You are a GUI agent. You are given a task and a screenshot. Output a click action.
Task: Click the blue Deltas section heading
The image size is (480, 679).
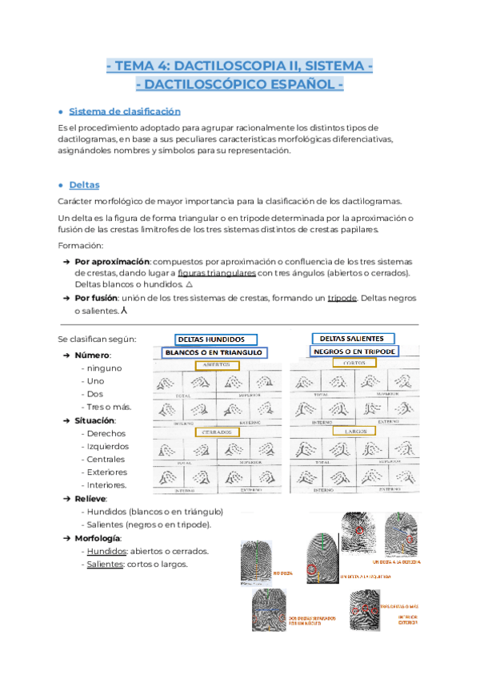point(84,185)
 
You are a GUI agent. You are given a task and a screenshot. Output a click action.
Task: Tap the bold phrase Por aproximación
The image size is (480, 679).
point(112,262)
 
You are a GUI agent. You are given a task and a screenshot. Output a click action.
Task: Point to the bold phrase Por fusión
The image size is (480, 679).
point(100,298)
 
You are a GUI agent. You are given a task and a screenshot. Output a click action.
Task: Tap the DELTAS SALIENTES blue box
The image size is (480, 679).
point(352,338)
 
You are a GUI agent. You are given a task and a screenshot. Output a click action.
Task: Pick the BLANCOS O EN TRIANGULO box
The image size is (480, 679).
point(214,352)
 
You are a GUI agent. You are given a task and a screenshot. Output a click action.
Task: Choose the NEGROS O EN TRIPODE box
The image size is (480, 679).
point(365,352)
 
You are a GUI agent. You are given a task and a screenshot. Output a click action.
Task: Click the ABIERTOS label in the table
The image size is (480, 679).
point(217,365)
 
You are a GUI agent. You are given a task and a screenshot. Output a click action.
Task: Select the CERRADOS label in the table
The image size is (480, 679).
point(217,433)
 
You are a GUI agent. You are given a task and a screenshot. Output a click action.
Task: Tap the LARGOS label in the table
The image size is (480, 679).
point(354,432)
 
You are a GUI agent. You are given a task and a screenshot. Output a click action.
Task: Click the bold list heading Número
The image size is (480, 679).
point(92,355)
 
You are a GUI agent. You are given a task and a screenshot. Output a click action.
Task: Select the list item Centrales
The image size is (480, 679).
point(105,460)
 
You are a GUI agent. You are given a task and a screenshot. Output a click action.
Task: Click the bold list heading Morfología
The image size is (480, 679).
point(98,537)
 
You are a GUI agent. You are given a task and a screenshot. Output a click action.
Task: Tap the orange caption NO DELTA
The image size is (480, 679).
point(282,573)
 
